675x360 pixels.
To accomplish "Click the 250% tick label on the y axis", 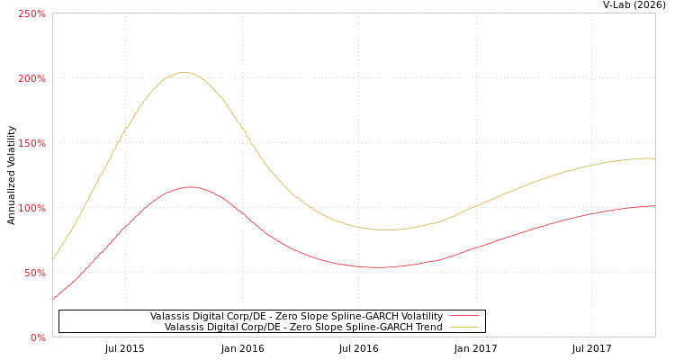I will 31,14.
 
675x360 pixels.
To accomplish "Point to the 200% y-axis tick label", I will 31,79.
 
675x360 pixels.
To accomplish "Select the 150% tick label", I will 31,144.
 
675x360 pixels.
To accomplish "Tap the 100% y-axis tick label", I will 31,209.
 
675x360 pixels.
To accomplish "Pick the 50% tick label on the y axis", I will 34,274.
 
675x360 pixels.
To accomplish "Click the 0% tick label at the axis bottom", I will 38,338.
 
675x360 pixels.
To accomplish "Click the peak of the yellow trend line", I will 184,73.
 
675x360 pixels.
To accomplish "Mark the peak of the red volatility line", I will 189,187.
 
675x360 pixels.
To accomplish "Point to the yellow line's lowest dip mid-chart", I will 385,229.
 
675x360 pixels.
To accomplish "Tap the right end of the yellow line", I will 654,158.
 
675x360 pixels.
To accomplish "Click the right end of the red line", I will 654,206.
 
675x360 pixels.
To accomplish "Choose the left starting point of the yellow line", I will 53,260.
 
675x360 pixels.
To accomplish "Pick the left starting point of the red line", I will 53,298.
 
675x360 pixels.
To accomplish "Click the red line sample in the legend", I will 463,316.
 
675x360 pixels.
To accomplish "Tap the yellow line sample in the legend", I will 463,327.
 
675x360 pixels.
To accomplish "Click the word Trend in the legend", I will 427,328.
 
